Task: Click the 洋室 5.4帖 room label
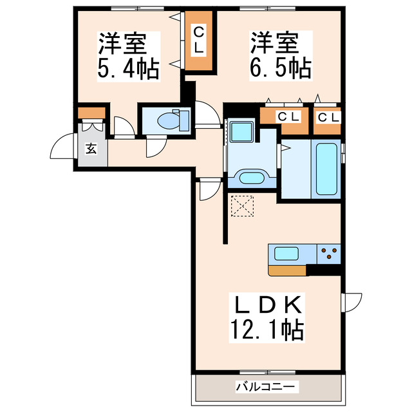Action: [x=127, y=56]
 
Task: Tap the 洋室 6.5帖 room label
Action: [x=281, y=56]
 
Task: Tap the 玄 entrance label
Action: [x=91, y=149]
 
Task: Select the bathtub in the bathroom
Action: [x=328, y=169]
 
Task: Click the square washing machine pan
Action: [x=243, y=131]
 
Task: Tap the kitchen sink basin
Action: [x=286, y=253]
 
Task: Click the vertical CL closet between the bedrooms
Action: [x=199, y=41]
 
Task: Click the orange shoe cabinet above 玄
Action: [x=87, y=114]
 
